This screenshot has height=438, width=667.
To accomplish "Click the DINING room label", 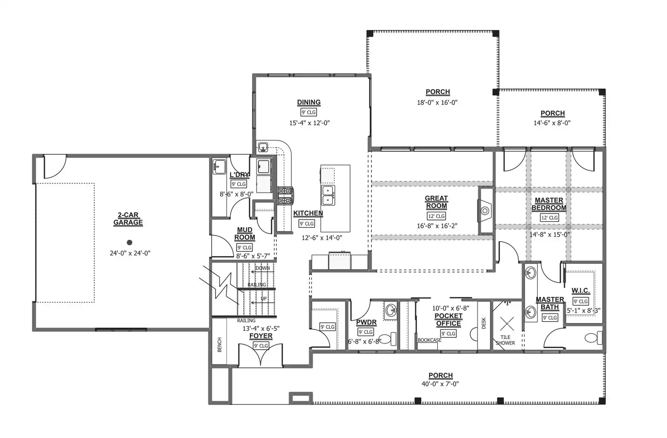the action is click(309, 102).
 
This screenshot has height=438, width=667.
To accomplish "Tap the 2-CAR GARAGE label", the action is click(128, 219).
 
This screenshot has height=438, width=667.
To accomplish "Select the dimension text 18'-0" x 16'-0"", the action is click(437, 102).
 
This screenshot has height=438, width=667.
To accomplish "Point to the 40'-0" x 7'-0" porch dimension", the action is click(440, 384).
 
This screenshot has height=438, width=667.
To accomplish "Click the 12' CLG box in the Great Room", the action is click(436, 216).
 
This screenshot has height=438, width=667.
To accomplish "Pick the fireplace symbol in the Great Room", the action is click(485, 211).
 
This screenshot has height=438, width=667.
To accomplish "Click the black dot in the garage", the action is click(129, 243).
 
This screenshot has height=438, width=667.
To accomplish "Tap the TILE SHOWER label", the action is click(505, 340).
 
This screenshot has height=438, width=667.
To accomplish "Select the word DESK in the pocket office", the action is click(484, 323).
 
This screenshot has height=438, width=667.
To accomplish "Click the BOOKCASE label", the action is click(429, 340).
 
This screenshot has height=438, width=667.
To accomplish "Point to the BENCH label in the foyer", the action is click(219, 345).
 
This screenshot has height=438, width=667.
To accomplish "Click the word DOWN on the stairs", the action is click(263, 268).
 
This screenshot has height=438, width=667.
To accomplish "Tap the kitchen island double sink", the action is click(328, 195).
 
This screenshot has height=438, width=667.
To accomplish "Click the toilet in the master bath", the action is click(593, 338).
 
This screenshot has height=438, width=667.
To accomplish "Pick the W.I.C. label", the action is click(581, 291).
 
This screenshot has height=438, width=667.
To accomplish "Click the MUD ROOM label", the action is click(245, 234).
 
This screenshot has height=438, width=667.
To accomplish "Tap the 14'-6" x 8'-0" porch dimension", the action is click(552, 123).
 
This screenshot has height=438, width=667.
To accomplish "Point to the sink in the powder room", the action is click(391, 310).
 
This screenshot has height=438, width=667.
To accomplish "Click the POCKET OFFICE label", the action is click(448, 320).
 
